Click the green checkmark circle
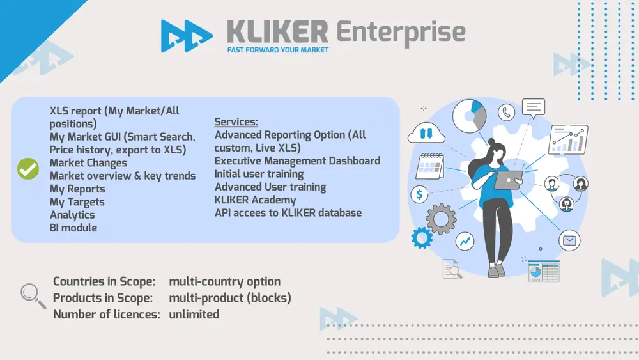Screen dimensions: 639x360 (28, 169)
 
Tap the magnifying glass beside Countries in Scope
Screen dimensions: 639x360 (33, 295)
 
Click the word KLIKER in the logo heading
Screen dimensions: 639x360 (277, 32)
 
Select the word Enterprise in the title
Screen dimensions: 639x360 (401, 33)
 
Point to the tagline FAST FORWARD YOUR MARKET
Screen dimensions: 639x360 (278, 50)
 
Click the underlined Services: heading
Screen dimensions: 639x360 (236, 122)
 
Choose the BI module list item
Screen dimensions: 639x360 (73, 228)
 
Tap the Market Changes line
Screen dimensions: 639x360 (88, 163)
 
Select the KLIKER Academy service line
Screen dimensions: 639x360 (255, 200)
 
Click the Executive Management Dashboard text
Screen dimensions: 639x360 (298, 161)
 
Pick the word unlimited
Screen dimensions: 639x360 (194, 315)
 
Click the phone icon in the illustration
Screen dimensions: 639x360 (506, 112)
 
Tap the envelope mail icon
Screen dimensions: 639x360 (569, 240)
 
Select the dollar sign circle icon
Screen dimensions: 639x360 (419, 194)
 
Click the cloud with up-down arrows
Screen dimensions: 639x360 (426, 132)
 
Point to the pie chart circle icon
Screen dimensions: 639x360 (470, 116)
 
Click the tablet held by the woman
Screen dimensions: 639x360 (508, 180)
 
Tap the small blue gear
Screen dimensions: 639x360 (422, 238)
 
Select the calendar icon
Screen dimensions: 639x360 (429, 166)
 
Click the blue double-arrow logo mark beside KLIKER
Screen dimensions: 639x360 (187, 36)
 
